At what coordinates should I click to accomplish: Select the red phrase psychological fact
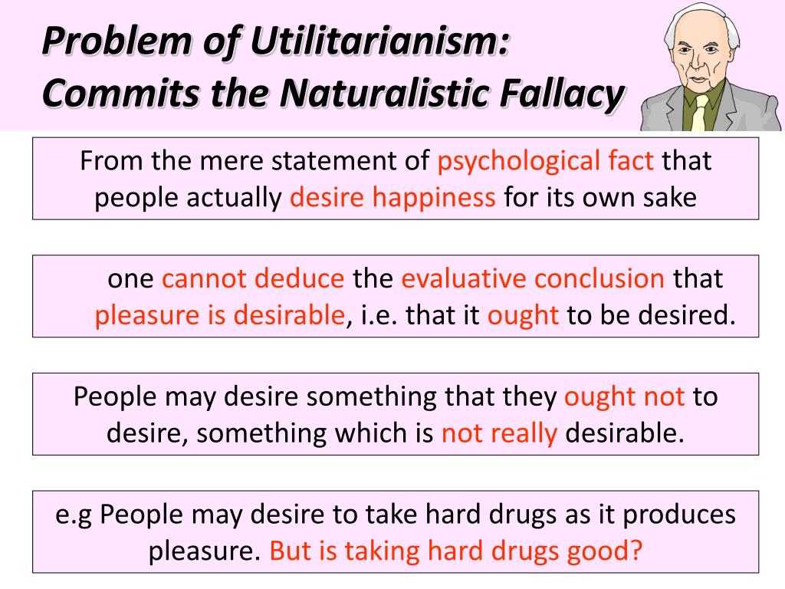[x=546, y=161]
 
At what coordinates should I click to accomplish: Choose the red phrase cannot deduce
[x=253, y=278]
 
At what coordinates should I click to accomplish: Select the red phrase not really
[x=499, y=433]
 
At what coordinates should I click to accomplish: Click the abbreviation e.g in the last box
[x=74, y=514]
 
